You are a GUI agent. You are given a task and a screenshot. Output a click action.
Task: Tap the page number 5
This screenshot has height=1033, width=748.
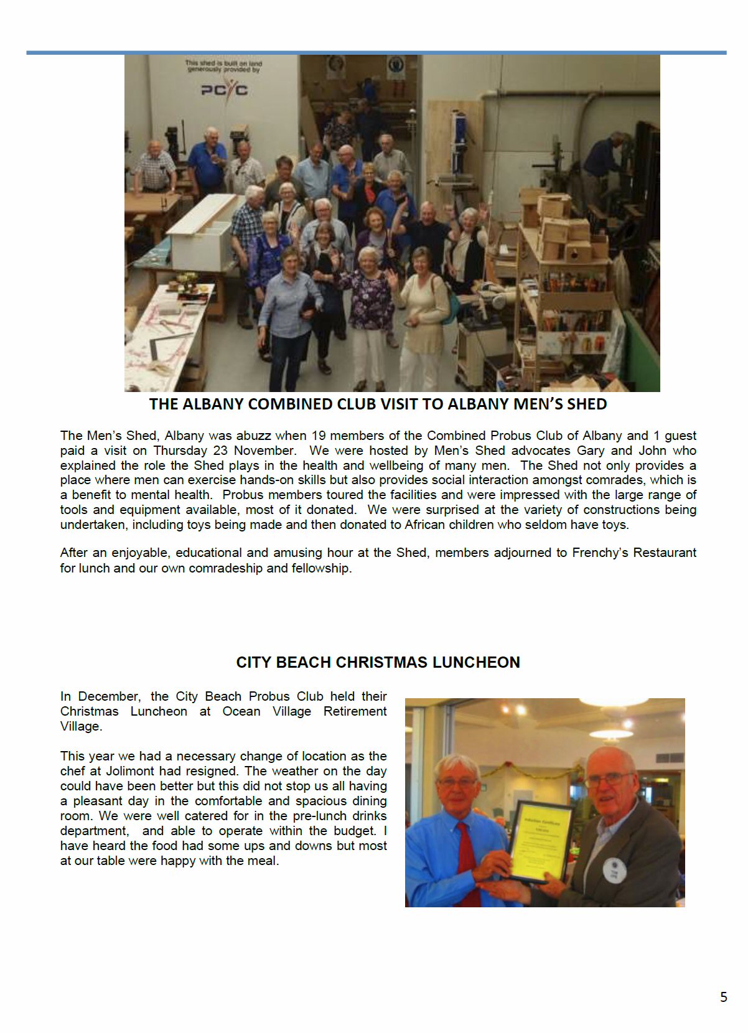click(723, 997)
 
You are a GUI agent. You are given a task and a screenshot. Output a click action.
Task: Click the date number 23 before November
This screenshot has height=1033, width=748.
click(220, 451)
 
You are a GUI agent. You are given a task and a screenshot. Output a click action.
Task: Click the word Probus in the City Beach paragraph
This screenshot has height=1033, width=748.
click(269, 696)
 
